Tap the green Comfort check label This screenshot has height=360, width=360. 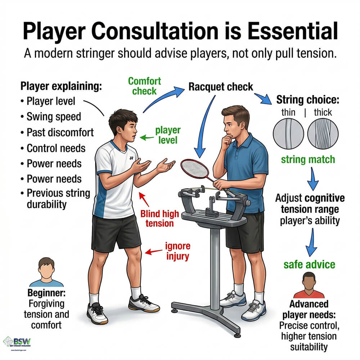coord(144,86)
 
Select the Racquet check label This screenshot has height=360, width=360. coord(221,87)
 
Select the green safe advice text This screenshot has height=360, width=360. coord(309,265)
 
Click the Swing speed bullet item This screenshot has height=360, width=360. coord(53,117)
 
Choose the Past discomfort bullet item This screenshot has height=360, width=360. coord(60,132)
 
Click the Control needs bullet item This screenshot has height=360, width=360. coord(56,148)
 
